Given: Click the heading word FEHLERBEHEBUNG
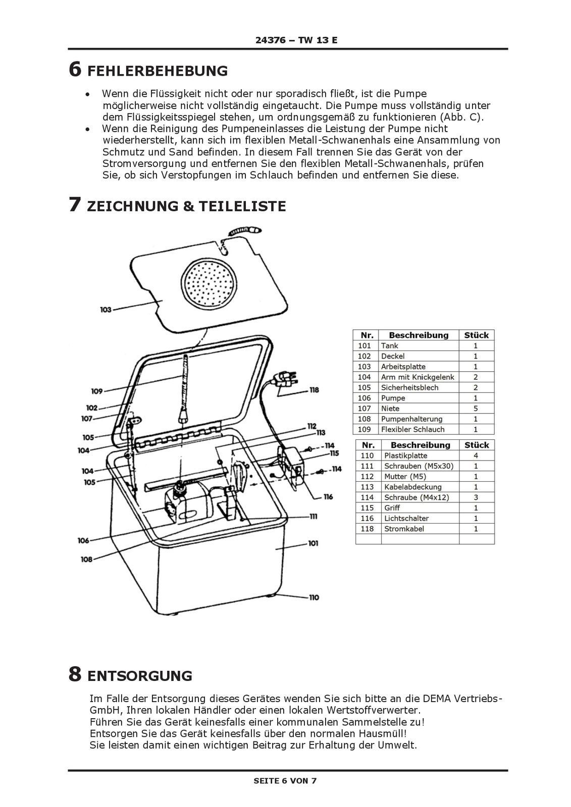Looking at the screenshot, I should (158, 71).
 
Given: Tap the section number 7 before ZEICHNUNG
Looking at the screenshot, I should (74, 205).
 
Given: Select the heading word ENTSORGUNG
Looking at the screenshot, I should (140, 675).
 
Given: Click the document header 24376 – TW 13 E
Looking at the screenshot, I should (296, 40).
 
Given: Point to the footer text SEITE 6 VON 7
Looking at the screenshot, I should (285, 781).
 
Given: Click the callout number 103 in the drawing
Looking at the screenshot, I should (106, 309).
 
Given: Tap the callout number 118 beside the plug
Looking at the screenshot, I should (314, 390).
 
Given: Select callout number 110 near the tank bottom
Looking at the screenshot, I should (314, 597).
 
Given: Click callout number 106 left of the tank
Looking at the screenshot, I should (83, 540).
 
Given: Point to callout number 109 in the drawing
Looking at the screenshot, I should (97, 391).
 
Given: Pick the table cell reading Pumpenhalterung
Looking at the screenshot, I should (411, 419).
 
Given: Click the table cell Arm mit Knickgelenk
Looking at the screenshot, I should (418, 377).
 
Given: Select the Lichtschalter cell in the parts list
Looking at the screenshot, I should (406, 518).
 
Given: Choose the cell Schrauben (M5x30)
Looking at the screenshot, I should (419, 466).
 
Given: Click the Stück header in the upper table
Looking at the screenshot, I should (476, 335).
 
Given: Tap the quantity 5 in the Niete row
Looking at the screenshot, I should (476, 409).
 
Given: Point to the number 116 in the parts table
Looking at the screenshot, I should (367, 518).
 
